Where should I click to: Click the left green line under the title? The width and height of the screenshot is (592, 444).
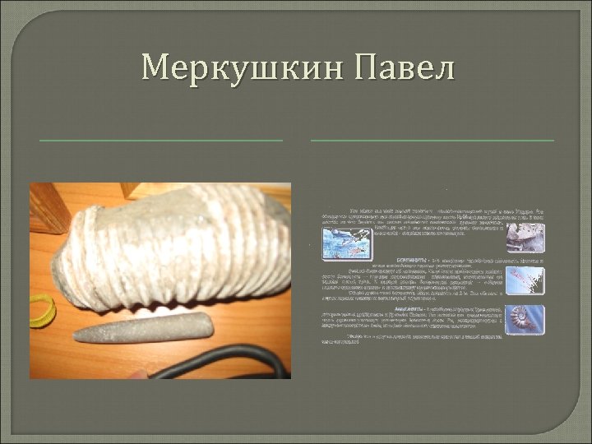click(160, 141)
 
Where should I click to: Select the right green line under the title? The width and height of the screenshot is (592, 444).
click(432, 141)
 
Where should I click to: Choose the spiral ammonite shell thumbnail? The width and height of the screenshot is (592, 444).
click(525, 320)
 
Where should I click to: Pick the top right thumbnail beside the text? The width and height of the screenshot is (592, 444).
click(525, 236)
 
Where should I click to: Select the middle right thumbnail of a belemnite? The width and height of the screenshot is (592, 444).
click(525, 280)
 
